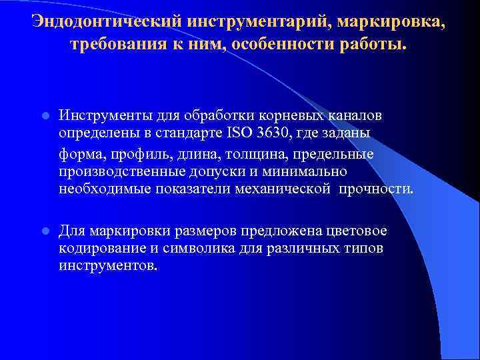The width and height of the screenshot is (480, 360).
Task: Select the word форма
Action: tap(79, 154)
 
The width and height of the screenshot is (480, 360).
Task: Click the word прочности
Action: tap(375, 189)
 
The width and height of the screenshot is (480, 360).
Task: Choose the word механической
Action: tap(275, 189)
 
